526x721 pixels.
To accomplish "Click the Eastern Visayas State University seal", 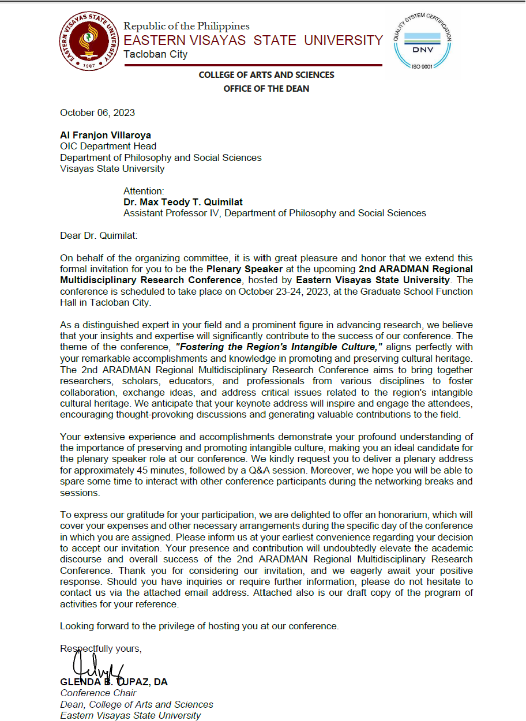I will [88, 42].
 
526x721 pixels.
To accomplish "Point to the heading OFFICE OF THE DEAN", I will [266, 89].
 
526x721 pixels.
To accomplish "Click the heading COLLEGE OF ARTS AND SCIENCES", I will [266, 75].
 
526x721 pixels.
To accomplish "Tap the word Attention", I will [144, 191].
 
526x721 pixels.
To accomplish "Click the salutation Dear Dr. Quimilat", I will [99, 235].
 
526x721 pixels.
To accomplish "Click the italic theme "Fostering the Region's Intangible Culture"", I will [279, 347].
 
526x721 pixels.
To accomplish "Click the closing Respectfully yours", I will [100, 648].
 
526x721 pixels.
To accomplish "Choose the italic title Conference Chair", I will [98, 693].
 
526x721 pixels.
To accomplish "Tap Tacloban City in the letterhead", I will [156, 54].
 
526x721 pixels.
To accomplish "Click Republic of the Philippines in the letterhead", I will [186, 26].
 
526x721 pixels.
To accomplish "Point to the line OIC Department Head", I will [108, 146].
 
